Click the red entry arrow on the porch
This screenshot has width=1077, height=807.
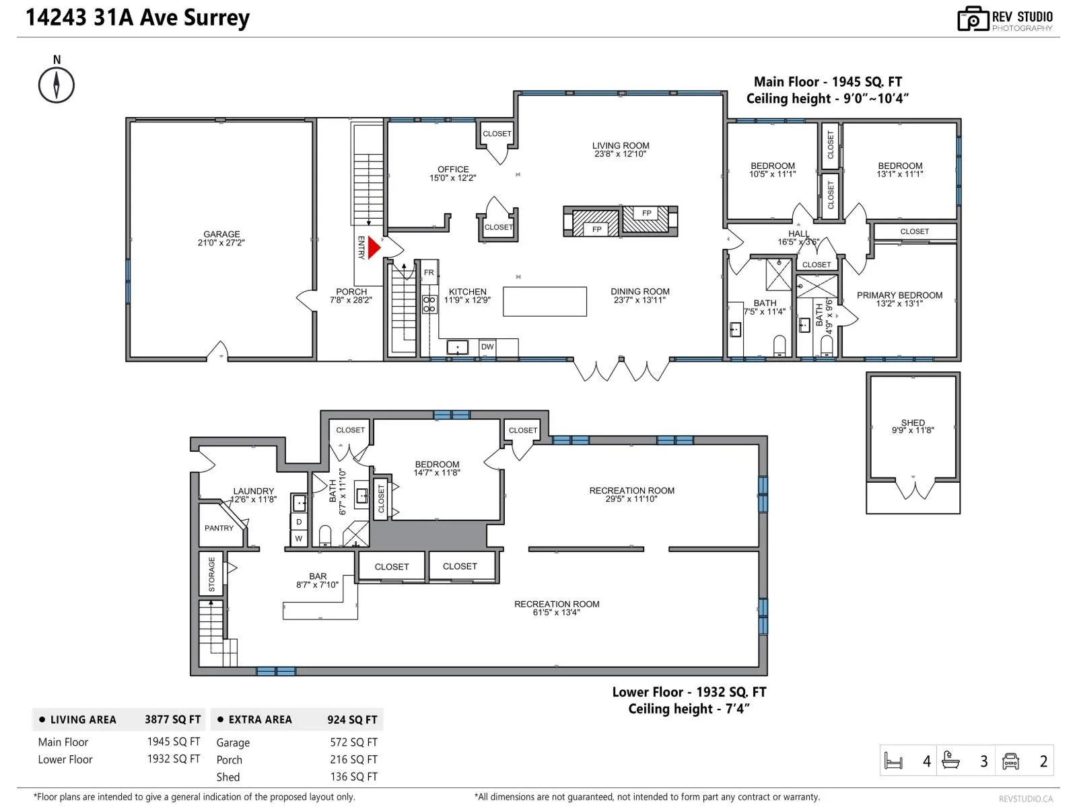pos(374,247)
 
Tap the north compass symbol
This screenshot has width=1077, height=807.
pos(57,85)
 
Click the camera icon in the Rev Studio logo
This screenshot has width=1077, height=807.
pos(972,18)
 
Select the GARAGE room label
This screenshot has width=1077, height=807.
pos(221,234)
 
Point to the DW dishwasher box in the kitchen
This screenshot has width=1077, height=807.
pos(487,347)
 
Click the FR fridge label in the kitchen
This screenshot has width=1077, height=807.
pos(429,272)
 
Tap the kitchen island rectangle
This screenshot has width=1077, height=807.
pos(545,301)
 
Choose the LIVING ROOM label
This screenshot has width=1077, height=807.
pos(620,145)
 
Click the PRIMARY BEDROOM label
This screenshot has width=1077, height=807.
pos(899,295)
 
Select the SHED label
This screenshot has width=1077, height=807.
pos(913,422)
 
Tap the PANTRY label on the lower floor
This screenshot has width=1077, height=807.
pos(219,528)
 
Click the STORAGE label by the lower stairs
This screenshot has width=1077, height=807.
pos(211,574)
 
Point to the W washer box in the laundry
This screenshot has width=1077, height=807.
pos(299,539)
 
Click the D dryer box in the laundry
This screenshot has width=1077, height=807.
pos(299,522)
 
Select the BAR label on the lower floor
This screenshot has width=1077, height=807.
pos(318,576)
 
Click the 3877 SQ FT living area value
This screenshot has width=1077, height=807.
pos(172,720)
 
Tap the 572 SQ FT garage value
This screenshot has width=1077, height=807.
pos(353,742)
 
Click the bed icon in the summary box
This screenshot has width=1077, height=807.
pos(893,761)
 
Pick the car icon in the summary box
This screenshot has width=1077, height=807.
pos(1010,761)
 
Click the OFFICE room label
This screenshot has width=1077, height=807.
pos(453,169)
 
